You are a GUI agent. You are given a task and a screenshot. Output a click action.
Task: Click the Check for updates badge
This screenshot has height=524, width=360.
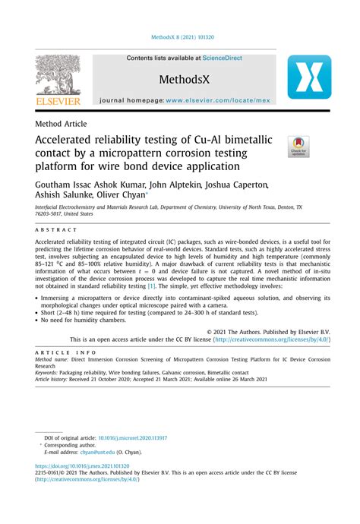[x=298, y=147]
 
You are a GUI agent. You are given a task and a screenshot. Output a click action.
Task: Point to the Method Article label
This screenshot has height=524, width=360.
[x=62, y=124]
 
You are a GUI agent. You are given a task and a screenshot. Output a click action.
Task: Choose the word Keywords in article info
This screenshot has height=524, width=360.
[x=46, y=374]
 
